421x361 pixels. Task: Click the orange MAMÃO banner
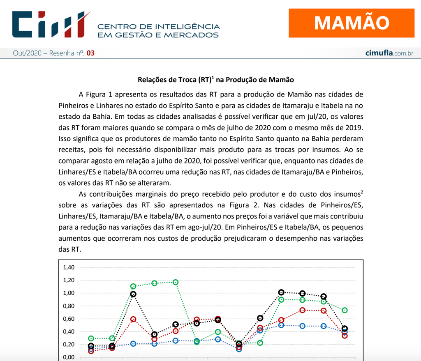point(352,23)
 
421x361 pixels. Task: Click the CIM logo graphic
point(51,24)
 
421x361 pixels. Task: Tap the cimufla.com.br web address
point(389,53)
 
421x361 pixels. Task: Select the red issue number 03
point(90,53)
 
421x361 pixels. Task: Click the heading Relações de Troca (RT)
point(215,80)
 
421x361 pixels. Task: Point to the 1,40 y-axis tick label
point(69,267)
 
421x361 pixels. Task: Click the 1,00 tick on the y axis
point(69,293)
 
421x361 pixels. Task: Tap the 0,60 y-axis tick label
point(69,319)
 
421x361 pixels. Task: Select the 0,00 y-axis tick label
point(69,357)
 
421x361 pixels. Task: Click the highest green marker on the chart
point(176,282)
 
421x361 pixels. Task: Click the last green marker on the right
point(345,310)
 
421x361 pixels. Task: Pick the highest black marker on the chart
point(281,292)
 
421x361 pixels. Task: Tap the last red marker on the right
point(345,336)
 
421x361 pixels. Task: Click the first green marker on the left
point(91,338)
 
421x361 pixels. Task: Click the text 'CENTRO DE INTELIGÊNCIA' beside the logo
point(159,26)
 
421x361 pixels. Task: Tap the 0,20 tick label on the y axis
point(69,345)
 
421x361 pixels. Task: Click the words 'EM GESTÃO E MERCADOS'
point(158,35)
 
